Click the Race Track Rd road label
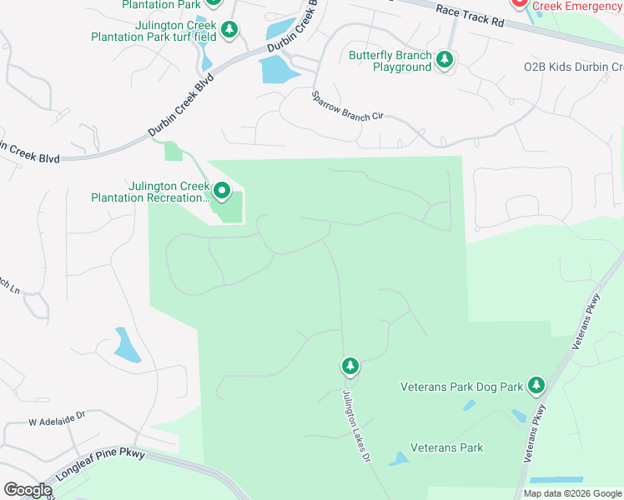tap(470, 13)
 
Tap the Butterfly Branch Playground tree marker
tap(445, 59)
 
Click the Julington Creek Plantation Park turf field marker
tap(230, 30)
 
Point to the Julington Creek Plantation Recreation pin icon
tap(222, 192)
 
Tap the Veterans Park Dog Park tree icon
tap(536, 385)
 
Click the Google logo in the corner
tap(28, 490)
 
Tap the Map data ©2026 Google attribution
tap(572, 493)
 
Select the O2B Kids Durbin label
tap(572, 67)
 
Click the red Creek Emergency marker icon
tap(518, 4)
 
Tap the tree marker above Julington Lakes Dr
tap(350, 366)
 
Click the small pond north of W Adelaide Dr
tap(127, 345)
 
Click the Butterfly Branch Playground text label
tap(390, 61)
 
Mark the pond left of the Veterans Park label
tap(399, 458)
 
